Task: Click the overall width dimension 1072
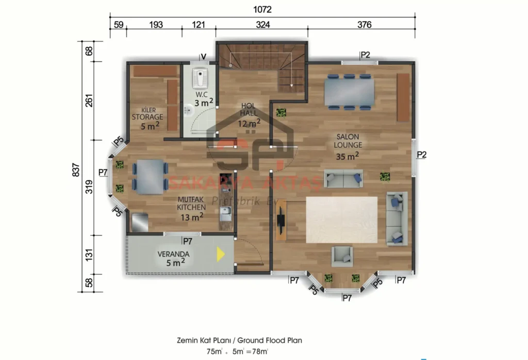(x=262, y=9)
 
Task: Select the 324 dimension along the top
(x=262, y=24)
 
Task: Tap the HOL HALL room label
(x=249, y=114)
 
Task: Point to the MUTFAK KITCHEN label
(x=191, y=209)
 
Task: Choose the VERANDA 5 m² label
(x=173, y=258)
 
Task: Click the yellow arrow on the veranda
(x=220, y=254)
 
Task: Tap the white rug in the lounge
(x=342, y=219)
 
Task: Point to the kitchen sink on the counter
(x=225, y=212)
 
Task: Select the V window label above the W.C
(x=203, y=56)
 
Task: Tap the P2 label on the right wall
(x=421, y=154)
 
